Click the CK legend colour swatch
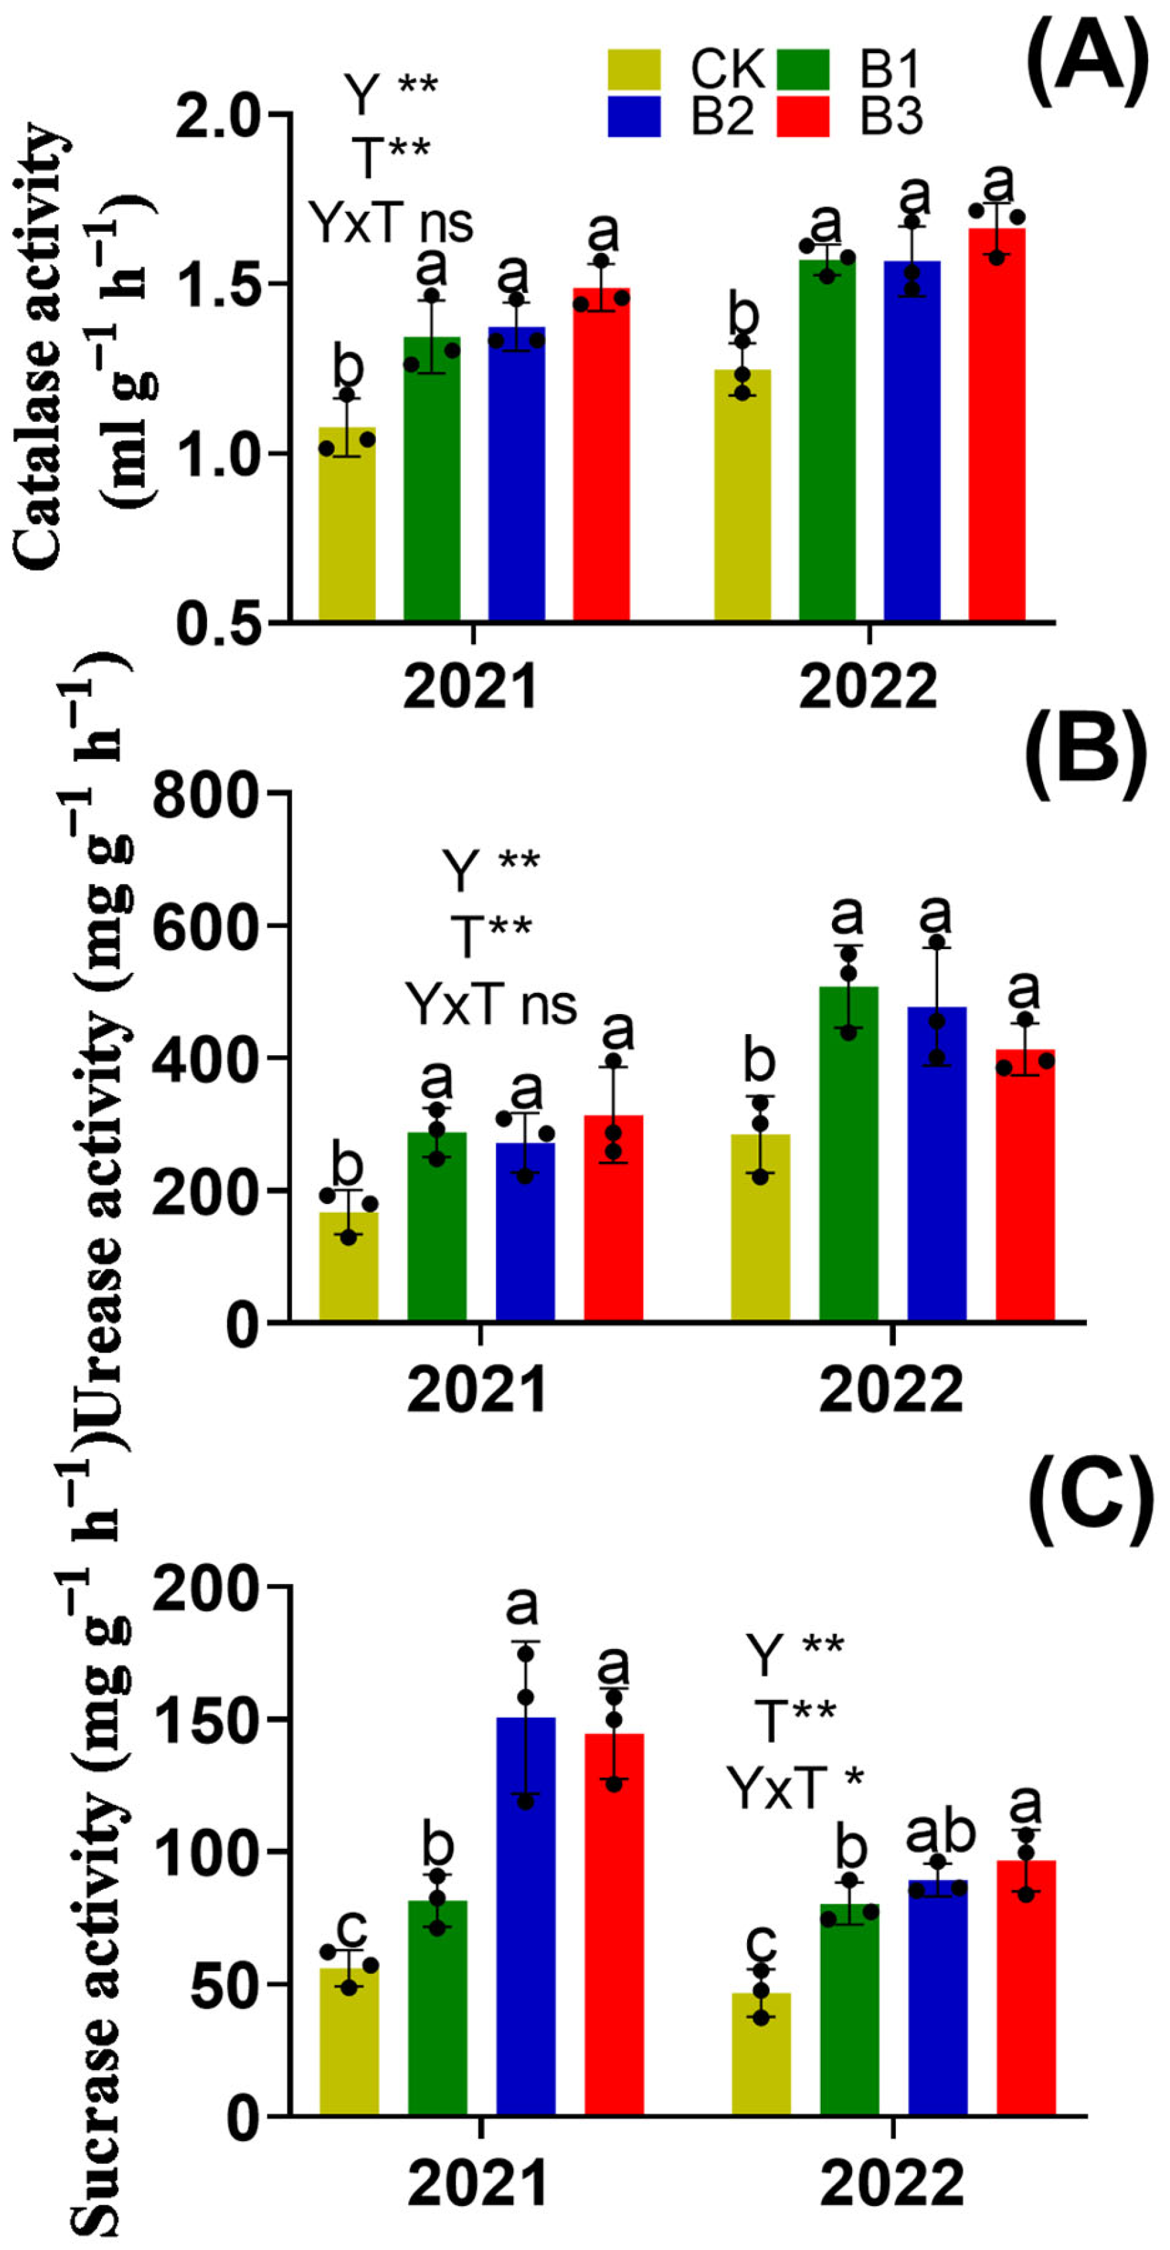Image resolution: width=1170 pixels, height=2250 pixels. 635,70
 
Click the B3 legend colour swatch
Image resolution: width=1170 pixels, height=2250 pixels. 803,116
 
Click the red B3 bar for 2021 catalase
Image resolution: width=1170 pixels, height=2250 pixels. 602,454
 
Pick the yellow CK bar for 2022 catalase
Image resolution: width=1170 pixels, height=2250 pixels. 742,493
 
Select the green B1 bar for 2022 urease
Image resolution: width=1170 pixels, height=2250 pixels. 848,1153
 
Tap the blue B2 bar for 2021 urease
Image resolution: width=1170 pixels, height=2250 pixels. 525,1231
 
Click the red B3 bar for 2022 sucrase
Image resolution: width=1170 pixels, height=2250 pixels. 1026,1992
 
